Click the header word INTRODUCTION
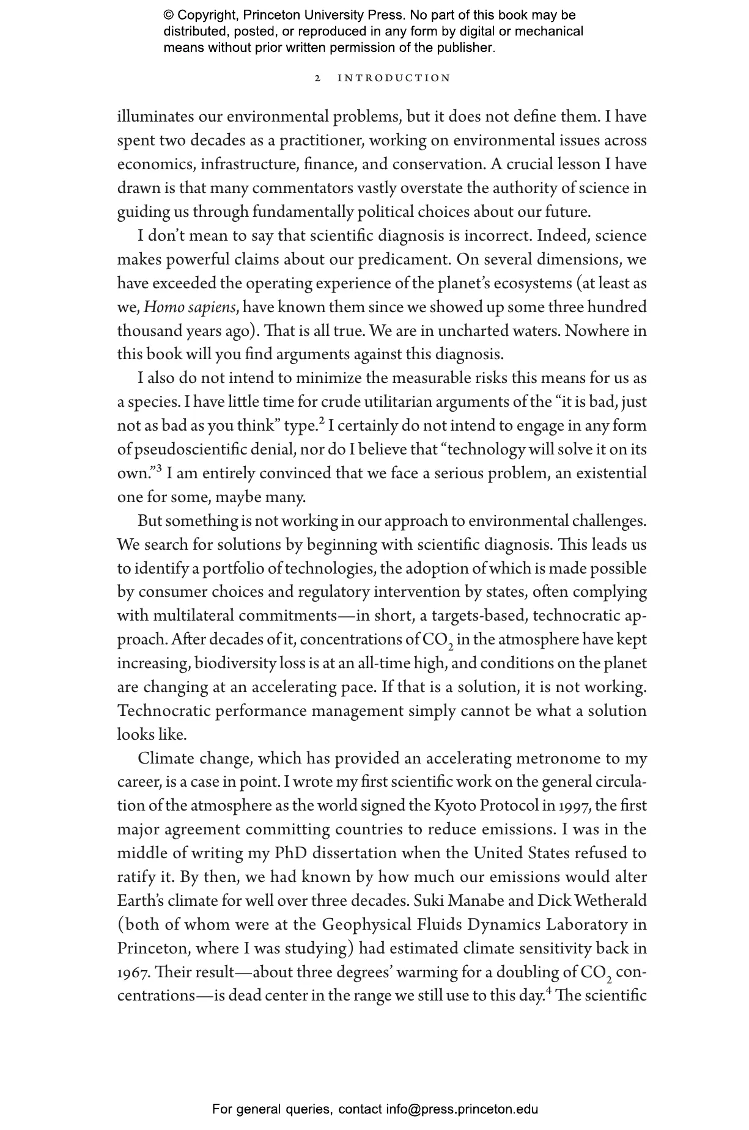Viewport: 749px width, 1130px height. tap(394, 78)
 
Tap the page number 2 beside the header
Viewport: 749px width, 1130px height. tap(317, 78)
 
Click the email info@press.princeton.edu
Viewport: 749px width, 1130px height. tap(462, 1109)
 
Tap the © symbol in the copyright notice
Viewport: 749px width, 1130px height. tap(169, 15)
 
